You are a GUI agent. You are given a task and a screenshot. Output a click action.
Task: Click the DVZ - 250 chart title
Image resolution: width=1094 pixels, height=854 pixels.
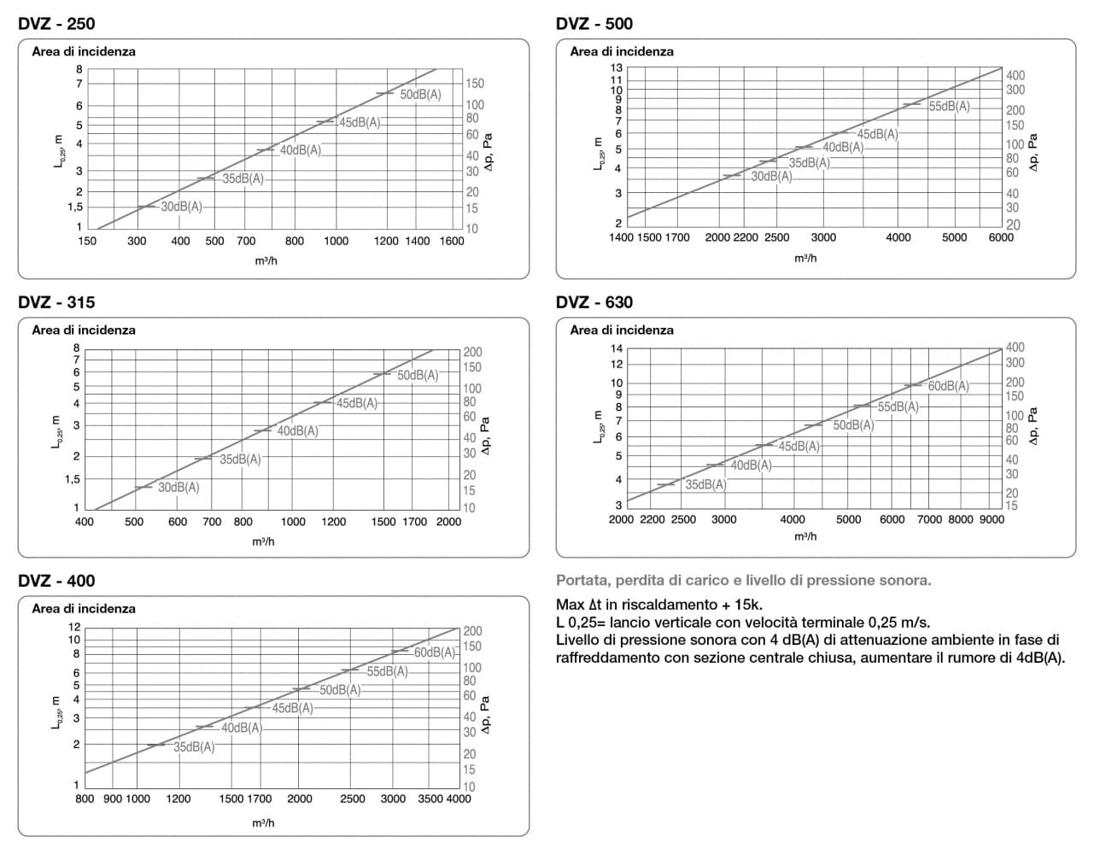coord(56,24)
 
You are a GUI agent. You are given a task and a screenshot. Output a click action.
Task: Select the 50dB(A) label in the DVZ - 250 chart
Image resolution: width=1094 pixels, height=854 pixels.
coord(420,95)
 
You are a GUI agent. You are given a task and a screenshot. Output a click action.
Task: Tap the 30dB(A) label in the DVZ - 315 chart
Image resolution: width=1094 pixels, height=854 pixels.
coord(178,488)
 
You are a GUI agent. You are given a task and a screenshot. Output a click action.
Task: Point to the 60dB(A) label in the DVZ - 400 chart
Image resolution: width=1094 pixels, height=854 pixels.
coord(435,652)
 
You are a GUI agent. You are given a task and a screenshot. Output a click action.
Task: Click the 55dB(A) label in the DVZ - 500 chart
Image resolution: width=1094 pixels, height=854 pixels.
coord(950,106)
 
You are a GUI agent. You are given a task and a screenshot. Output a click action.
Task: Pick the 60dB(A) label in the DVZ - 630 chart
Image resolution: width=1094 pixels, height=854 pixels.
coord(949,386)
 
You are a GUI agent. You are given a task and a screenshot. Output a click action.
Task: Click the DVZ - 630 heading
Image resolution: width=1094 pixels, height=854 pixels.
coord(594,302)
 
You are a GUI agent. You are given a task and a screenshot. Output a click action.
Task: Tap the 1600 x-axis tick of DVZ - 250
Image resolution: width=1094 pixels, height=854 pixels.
coord(452,241)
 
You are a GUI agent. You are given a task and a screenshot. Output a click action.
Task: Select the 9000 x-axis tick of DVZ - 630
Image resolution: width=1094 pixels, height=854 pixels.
coord(992,519)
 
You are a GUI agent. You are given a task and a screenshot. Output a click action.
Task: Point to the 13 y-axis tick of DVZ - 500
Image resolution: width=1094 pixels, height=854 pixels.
coord(617,68)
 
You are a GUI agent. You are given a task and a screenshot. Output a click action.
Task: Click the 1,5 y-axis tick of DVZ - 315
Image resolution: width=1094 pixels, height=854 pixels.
coord(72,479)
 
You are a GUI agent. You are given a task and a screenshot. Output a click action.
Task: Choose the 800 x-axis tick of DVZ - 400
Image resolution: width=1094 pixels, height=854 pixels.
coord(85,798)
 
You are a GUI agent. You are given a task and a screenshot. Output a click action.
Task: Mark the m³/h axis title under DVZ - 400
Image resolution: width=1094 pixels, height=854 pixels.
coord(263,822)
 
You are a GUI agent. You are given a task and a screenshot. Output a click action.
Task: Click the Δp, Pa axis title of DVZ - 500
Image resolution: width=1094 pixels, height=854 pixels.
coord(1033,152)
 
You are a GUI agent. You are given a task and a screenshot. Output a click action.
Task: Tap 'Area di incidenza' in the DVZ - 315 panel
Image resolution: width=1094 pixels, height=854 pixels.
coord(84,330)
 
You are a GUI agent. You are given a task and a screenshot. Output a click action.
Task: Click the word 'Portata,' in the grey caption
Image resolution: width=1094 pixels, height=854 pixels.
coord(583,581)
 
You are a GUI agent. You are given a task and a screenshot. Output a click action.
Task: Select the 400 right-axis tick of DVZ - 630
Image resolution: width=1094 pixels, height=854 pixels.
coord(1015,348)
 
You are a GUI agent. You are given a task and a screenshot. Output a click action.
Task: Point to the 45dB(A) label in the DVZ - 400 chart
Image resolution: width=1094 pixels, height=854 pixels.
coord(293,709)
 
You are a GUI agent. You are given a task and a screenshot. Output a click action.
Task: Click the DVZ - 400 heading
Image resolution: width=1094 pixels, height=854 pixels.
coord(56,581)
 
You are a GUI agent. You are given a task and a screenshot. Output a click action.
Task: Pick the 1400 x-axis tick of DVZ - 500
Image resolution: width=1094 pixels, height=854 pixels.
coord(621,237)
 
